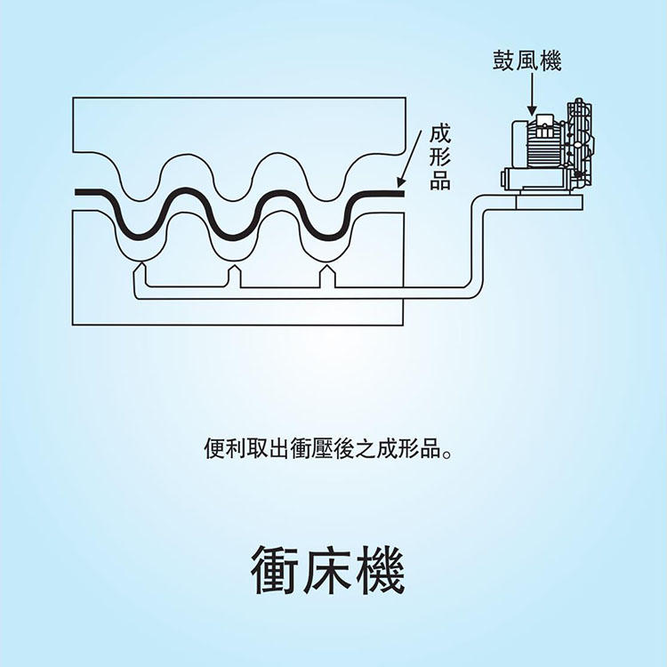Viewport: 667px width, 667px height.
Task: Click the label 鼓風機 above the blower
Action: click(x=527, y=61)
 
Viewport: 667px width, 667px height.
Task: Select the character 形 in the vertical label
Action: click(x=440, y=158)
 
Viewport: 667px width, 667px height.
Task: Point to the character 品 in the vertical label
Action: click(x=440, y=181)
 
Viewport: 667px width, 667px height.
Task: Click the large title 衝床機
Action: click(x=328, y=569)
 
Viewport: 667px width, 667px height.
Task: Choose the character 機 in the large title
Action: click(x=380, y=569)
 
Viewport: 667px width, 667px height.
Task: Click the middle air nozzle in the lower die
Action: click(x=234, y=270)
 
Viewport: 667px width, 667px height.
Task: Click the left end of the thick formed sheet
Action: click(x=80, y=191)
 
